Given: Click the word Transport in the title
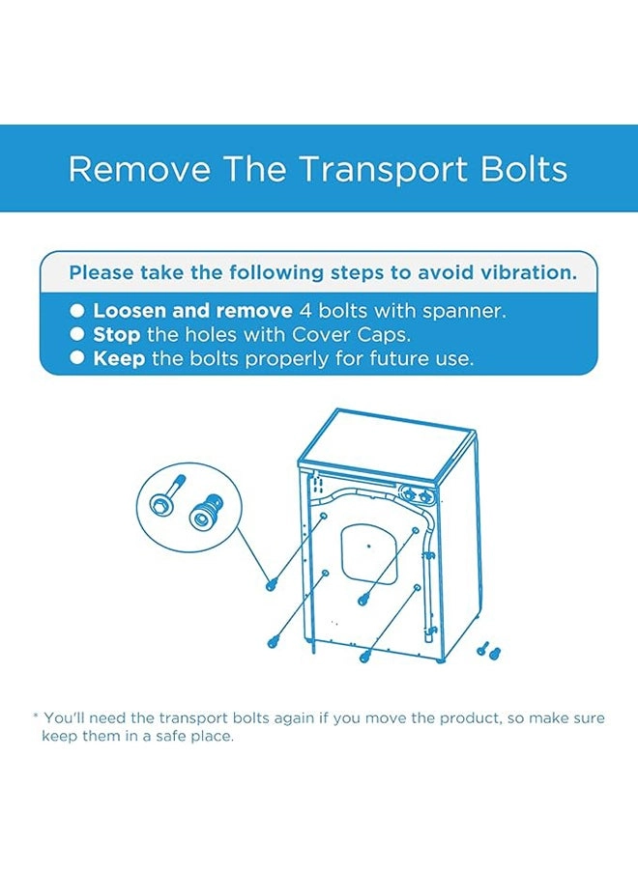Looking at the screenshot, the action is pyautogui.click(x=385, y=169).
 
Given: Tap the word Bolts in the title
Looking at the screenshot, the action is pyautogui.click(x=524, y=168).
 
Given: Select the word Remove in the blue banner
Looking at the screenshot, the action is pyautogui.click(x=139, y=168).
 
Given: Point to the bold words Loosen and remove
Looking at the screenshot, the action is pyautogui.click(x=192, y=310).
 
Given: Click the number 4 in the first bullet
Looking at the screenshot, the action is pyautogui.click(x=305, y=311).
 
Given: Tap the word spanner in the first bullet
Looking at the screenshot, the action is pyautogui.click(x=464, y=311).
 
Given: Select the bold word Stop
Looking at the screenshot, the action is pyautogui.click(x=117, y=335).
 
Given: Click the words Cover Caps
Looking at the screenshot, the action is pyautogui.click(x=351, y=335).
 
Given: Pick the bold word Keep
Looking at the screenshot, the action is pyautogui.click(x=119, y=358).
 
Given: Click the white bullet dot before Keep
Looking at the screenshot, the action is pyautogui.click(x=77, y=358).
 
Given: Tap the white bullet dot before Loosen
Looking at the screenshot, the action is pyautogui.click(x=77, y=310).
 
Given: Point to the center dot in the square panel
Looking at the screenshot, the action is pyautogui.click(x=369, y=546).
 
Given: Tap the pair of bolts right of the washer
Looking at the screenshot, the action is pyautogui.click(x=489, y=650).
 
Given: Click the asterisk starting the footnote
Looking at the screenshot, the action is pyautogui.click(x=36, y=716).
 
